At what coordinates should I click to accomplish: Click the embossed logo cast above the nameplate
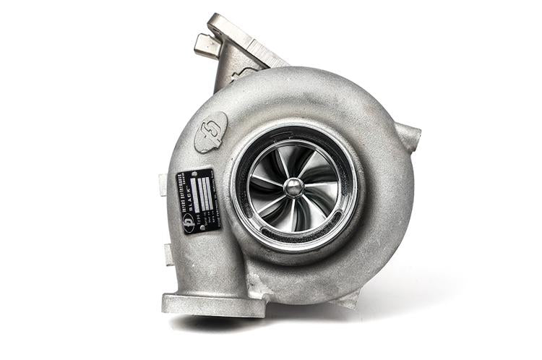tap(211, 131)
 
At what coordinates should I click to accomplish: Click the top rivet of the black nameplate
tap(197, 174)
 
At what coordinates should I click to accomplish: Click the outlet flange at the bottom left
tap(213, 304)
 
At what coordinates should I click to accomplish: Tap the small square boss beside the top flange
tap(206, 46)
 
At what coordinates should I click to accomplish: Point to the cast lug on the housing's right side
tap(408, 137)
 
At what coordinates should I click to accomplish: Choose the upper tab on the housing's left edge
tap(163, 185)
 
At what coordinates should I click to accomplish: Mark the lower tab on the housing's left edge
tap(169, 254)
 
